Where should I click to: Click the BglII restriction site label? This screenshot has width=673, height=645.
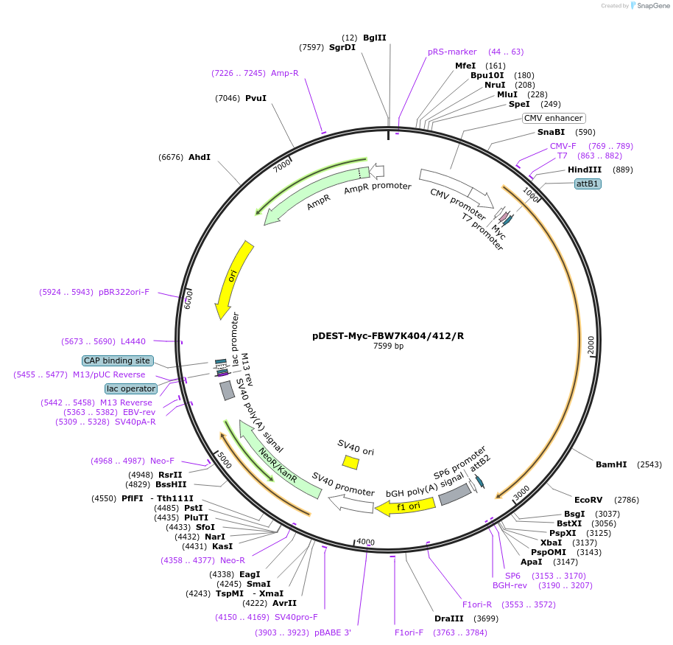pos(374,38)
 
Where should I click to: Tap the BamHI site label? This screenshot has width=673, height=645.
pos(611,464)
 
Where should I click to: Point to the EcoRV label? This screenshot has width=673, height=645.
pos(588,499)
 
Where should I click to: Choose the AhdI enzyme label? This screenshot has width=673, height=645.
pos(200,157)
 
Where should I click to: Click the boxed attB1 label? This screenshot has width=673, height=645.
pos(588,184)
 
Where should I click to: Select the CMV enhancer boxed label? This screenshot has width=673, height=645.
pos(553,118)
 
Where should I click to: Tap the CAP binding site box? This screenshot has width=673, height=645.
pos(118,360)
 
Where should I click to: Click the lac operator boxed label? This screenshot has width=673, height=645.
pos(131,388)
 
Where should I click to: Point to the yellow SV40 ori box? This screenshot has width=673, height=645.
pos(350,462)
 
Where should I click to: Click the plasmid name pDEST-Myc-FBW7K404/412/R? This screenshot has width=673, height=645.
pos(388,335)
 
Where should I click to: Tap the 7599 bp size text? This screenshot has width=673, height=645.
pos(388,346)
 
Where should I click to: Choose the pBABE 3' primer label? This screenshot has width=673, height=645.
pos(332,632)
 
